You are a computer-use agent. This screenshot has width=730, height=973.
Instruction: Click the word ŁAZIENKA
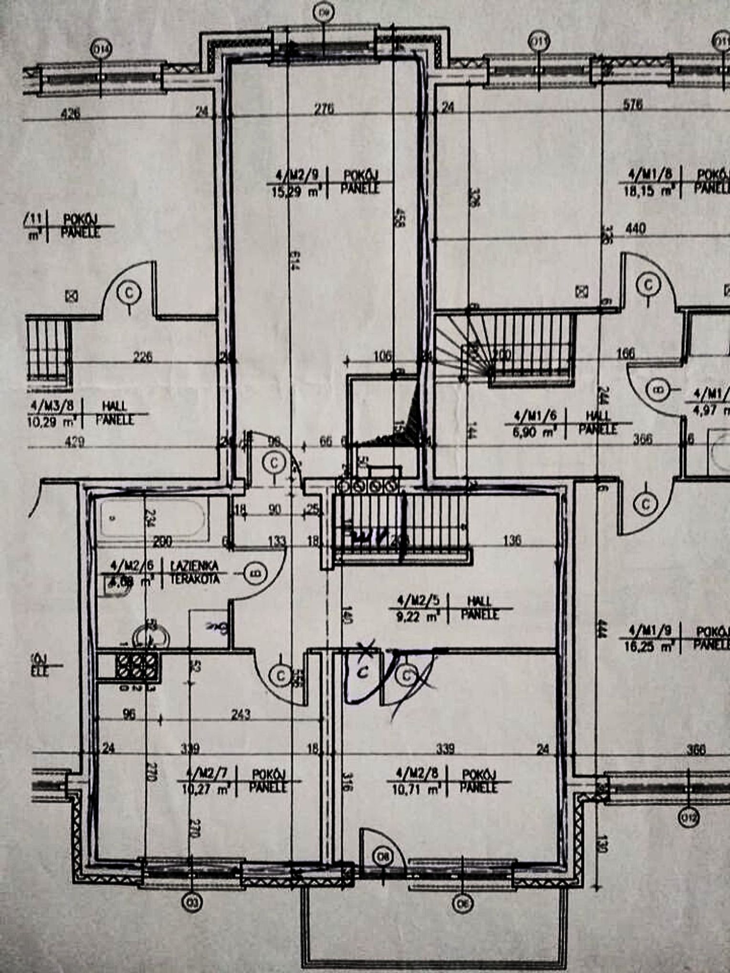point(194,566)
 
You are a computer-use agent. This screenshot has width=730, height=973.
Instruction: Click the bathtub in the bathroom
point(153,518)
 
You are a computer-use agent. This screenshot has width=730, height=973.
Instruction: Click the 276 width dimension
point(324,109)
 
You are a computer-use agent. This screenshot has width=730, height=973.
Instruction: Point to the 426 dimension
point(70,114)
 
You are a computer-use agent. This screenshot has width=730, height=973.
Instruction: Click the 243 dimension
point(240,714)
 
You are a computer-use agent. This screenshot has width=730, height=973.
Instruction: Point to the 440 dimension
point(636,229)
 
